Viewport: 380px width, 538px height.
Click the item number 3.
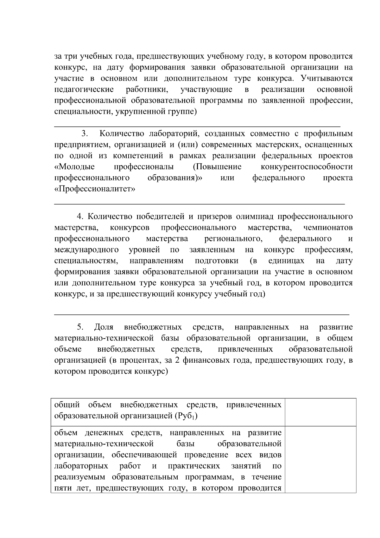(84, 133)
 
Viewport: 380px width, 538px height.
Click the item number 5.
(80, 327)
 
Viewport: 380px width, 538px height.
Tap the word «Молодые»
(74, 167)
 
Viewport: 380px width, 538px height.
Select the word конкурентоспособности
(307, 167)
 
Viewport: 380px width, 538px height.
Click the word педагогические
(84, 89)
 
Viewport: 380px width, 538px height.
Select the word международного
(86, 250)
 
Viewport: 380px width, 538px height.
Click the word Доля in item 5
(104, 327)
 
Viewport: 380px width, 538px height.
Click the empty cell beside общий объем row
(320, 412)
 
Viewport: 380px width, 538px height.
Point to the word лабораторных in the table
(81, 466)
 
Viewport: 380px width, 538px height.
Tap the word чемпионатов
(328, 228)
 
